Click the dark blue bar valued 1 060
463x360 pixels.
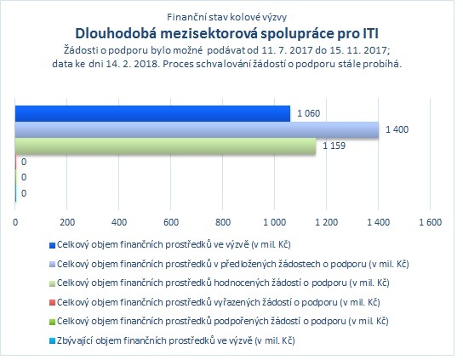tap(152, 114)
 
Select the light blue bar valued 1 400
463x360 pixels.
tap(197, 129)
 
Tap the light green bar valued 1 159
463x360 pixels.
tap(165, 146)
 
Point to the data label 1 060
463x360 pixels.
tap(309, 113)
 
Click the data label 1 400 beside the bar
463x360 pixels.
tap(397, 129)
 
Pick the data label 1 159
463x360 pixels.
tap(334, 146)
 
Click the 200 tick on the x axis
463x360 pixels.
tap(67, 222)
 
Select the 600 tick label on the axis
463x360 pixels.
tap(171, 222)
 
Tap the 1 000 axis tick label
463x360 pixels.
tap(275, 222)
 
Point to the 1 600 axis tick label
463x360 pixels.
tap(430, 222)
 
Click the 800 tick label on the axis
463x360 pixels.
tap(223, 222)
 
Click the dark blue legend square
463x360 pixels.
tap(52, 245)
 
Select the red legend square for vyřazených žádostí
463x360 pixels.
tap(52, 303)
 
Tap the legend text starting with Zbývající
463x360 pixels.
tap(176, 340)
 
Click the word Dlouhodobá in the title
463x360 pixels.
tap(116, 33)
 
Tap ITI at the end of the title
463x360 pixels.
tap(370, 33)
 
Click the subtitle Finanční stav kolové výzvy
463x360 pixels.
tap(226, 17)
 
